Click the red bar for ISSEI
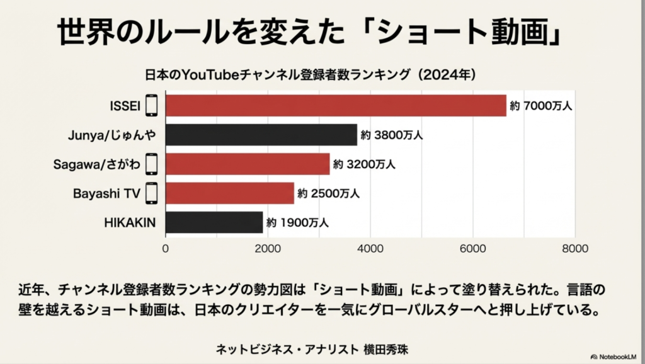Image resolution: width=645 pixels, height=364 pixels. click(336, 106)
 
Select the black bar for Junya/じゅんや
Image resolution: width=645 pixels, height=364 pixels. click(261, 135)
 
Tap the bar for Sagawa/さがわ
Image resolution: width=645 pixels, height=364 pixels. click(248, 164)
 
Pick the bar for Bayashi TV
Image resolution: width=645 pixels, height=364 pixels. click(230, 193)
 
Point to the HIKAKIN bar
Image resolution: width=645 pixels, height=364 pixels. click(214, 222)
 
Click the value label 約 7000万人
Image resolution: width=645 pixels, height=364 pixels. click(541, 106)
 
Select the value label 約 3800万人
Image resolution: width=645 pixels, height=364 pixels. click(392, 135)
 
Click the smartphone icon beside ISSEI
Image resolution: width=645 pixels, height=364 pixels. click(151, 106)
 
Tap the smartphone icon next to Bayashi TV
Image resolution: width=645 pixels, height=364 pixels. click(151, 193)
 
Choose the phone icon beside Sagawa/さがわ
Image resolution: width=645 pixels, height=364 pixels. click(151, 164)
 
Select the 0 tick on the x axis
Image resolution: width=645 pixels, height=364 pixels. click(166, 249)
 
